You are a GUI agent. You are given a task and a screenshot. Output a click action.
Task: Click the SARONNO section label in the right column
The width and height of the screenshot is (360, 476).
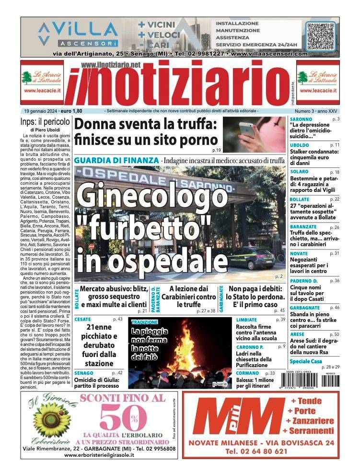[x=301, y=119]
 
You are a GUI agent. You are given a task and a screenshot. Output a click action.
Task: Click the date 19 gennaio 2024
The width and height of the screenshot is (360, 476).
[x=42, y=111]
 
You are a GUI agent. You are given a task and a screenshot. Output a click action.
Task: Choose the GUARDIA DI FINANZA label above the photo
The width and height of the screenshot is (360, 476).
[x=116, y=160]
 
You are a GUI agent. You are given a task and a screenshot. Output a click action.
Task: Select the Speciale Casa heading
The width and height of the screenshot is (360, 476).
[x=307, y=361]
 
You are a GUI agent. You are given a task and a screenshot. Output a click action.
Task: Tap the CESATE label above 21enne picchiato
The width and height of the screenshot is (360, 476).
[x=83, y=319]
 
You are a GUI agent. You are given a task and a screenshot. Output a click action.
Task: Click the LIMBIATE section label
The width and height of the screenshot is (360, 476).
[x=247, y=319]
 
